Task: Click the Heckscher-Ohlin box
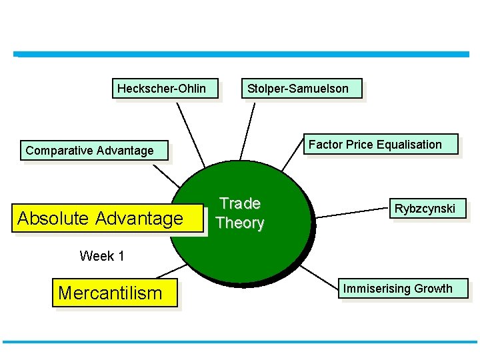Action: click(161, 88)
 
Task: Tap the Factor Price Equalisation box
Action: click(375, 144)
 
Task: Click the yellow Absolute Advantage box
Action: click(100, 218)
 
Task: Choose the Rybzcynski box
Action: click(425, 209)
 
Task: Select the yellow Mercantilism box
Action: click(110, 293)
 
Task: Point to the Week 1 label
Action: click(102, 255)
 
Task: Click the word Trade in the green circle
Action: click(240, 203)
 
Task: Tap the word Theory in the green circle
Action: click(240, 223)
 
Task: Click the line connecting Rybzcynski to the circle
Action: click(351, 212)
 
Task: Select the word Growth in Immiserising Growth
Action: click(433, 289)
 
